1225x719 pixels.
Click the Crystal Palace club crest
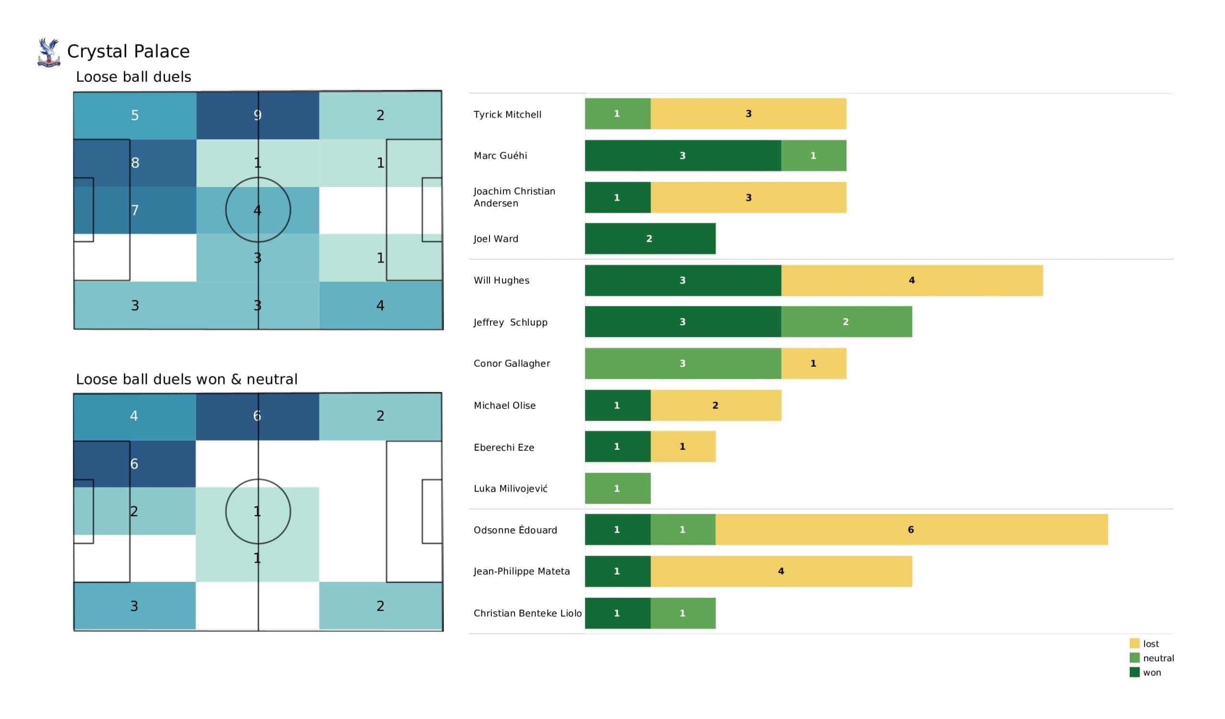[49, 52]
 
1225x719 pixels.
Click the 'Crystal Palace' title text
[128, 52]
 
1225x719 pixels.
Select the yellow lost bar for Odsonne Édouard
[912, 530]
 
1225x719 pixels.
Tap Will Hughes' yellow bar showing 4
[912, 280]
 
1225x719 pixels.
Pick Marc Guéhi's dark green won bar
[683, 155]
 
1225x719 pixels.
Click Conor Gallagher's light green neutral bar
[683, 363]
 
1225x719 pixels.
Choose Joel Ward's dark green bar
[650, 239]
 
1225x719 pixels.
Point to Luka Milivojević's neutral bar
[617, 488]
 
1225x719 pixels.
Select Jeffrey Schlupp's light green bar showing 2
[846, 322]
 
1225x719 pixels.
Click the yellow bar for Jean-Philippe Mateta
[781, 571]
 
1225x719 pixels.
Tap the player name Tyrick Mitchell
[508, 115]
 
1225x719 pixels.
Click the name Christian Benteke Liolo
[527, 613]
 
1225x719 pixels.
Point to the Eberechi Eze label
[503, 447]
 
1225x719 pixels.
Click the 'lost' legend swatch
[1135, 643]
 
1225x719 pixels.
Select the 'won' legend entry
[1145, 672]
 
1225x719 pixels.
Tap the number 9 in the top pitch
[257, 115]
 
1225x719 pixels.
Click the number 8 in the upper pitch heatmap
[135, 163]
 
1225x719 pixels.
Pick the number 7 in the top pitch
[135, 210]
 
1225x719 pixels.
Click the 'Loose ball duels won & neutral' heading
[187, 380]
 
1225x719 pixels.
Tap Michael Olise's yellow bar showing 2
[715, 405]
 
